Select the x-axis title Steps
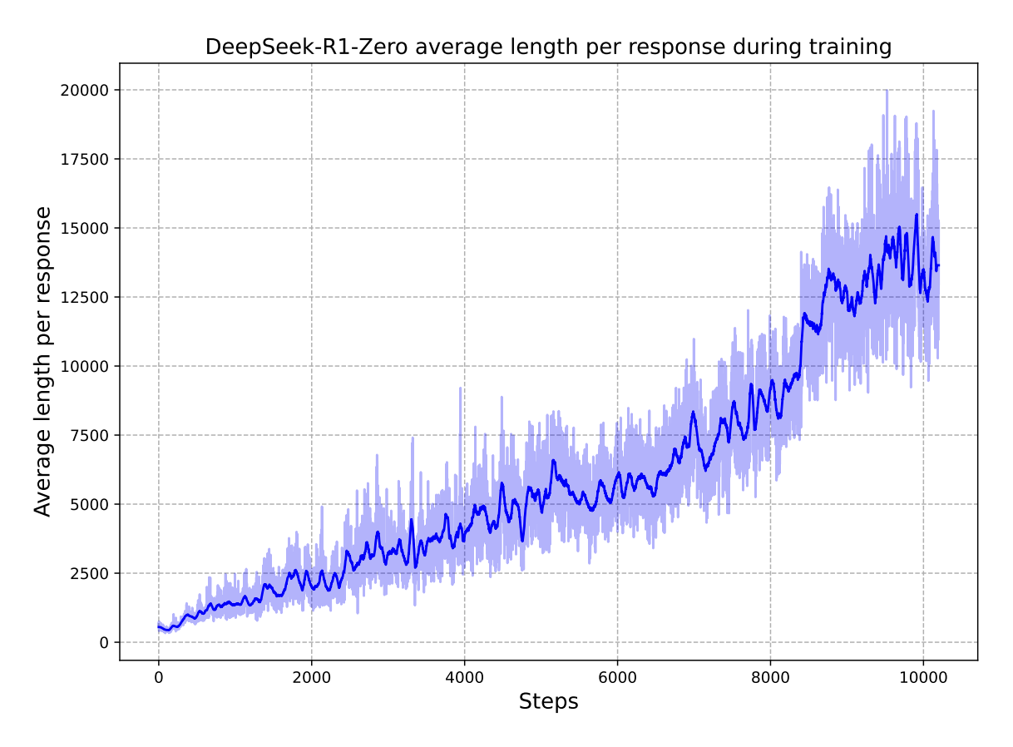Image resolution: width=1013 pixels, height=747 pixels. (x=548, y=702)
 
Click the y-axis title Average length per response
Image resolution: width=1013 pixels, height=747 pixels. (x=43, y=362)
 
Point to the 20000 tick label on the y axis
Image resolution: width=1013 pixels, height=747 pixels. (x=84, y=90)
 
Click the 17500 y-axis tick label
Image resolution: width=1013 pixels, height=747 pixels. (x=84, y=159)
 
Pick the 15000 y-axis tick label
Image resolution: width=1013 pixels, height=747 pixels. (x=84, y=228)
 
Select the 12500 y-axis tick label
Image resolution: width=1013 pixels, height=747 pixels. (x=84, y=297)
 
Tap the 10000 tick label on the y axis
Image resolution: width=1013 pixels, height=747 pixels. (x=84, y=366)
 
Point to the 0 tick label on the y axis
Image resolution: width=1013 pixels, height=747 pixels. (x=104, y=642)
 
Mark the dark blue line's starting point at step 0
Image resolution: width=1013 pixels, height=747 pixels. (x=159, y=626)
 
